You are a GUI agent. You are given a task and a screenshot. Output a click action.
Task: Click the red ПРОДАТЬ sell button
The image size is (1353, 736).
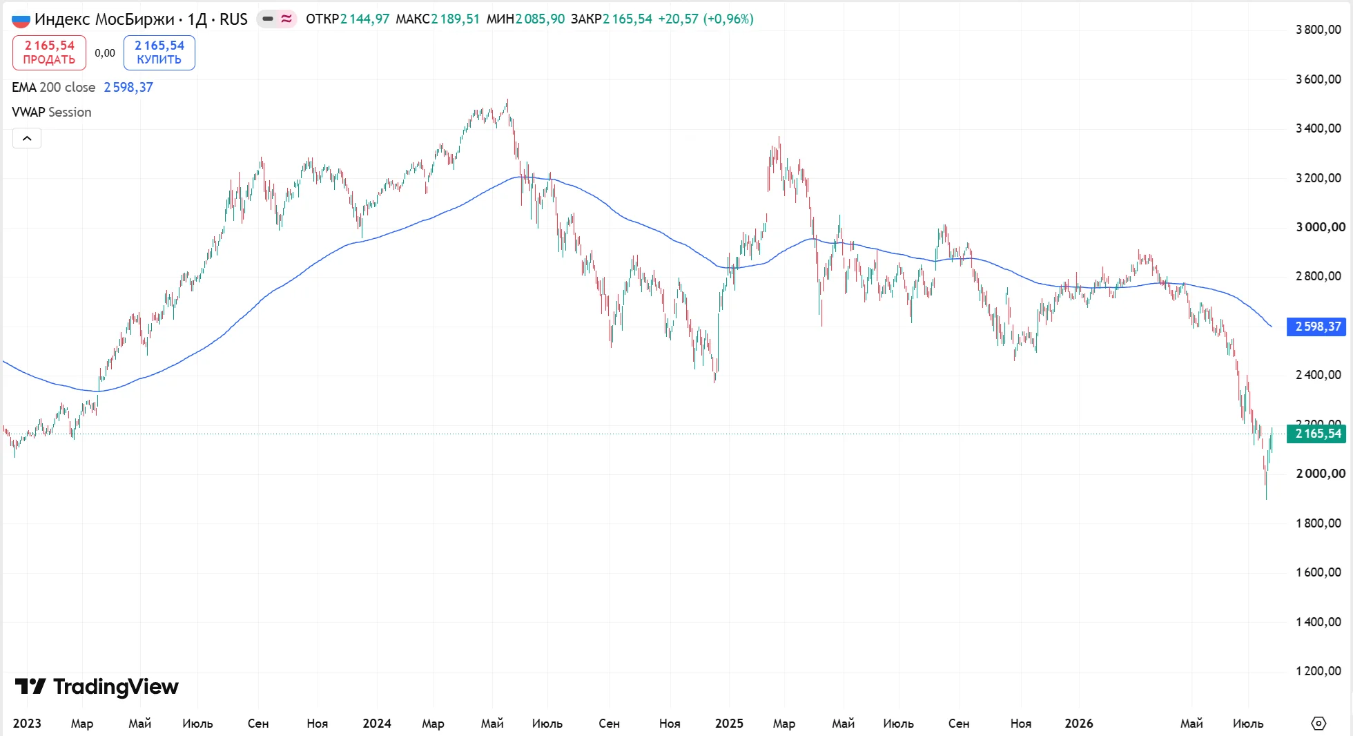coord(49,52)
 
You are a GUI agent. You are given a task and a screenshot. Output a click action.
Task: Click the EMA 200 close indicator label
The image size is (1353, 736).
coord(53,87)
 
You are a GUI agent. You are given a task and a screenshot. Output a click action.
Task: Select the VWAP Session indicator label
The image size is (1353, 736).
coord(52,112)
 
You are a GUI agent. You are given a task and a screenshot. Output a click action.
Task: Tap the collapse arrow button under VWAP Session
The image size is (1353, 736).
coord(27,138)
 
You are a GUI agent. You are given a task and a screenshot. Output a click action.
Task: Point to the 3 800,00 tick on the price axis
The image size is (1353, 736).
coord(1318,30)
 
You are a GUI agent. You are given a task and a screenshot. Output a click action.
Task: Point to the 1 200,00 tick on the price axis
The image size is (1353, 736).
coord(1318,671)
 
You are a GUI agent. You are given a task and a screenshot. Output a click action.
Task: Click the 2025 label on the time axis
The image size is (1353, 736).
coord(729,723)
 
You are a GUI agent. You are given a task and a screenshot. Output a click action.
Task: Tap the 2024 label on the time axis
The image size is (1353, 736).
coord(377,723)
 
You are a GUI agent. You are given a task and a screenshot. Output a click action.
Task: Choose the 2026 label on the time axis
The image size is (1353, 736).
coord(1079,723)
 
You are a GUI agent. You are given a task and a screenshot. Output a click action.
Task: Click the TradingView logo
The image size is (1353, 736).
coord(97,686)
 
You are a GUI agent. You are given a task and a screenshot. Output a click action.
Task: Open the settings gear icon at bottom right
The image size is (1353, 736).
coord(1318,723)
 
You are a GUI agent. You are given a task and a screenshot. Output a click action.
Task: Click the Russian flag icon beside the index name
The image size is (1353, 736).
coord(21,20)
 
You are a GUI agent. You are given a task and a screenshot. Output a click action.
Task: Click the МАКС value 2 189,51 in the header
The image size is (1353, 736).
coord(456,19)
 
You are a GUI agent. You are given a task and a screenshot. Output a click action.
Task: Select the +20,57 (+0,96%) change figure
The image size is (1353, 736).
coord(705,19)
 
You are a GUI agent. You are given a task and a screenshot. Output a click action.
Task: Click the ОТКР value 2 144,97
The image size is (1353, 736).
coord(365,19)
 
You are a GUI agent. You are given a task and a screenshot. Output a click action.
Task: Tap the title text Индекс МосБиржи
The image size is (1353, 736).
coord(104,19)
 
